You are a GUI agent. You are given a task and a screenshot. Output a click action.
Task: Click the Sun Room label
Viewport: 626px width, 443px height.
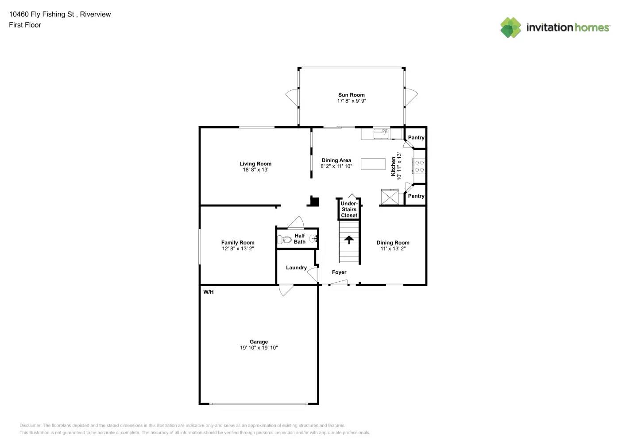pos(351,95)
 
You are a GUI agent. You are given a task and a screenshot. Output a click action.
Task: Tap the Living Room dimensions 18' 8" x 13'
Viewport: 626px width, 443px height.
pos(255,170)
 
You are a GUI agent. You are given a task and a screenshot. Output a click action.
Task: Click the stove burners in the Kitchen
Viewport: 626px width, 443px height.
pos(419,166)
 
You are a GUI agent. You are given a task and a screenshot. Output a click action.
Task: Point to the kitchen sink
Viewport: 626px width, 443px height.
pos(381,133)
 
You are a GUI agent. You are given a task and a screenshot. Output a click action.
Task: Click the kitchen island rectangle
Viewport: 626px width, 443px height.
pos(373,163)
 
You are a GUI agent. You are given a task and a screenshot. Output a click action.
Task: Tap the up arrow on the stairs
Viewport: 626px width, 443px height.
pos(349,240)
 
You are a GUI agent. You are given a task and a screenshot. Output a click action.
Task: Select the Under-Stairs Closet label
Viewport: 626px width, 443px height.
pos(349,210)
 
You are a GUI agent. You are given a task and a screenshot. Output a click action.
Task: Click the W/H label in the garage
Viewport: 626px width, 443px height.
pos(209,292)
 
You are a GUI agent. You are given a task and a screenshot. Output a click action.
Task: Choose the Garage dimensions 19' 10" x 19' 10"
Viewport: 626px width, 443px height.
pos(259,348)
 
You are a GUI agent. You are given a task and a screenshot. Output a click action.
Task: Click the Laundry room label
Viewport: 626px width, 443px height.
pos(296,268)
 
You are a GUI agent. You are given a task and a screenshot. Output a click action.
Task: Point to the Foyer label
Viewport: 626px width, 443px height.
pos(339,272)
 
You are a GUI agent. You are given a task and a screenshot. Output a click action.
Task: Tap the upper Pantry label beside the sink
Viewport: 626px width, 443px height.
pos(416,138)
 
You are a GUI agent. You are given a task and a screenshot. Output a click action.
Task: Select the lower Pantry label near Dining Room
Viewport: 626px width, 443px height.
pos(416,196)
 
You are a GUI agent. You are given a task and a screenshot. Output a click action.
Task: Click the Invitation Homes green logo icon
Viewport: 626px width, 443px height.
pos(510,27)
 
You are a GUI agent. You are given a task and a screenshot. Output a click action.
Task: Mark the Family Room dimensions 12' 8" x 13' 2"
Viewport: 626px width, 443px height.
pos(238,249)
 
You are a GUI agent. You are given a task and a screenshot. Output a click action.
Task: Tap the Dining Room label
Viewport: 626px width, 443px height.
pos(393,242)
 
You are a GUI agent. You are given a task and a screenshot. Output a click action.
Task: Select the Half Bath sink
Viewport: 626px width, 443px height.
pos(313,239)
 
